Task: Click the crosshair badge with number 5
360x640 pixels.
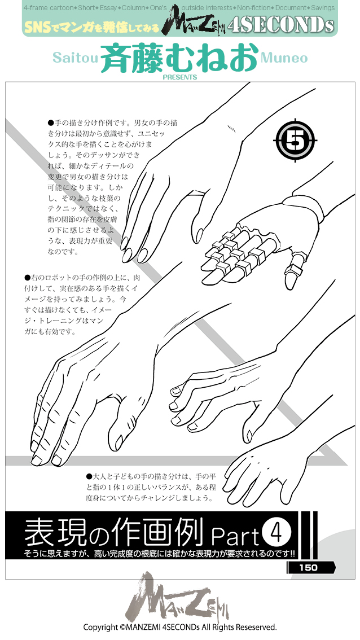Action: [295, 139]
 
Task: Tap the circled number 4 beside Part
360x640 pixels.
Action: [276, 532]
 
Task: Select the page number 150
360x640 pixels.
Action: [309, 568]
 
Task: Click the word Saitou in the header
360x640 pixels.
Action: [75, 58]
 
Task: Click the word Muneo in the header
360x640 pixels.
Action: [285, 58]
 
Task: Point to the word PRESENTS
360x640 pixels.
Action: [179, 77]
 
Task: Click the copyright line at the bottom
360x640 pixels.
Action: [179, 627]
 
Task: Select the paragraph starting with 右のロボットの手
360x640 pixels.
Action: [76, 304]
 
